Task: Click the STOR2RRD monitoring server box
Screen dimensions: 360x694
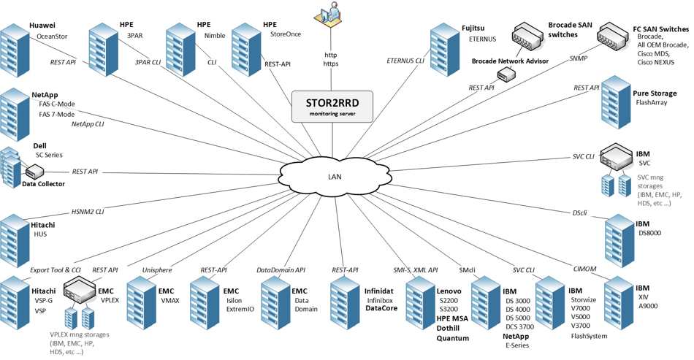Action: click(x=333, y=107)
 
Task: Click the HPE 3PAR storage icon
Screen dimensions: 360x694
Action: click(x=103, y=45)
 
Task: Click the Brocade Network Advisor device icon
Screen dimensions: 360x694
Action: click(x=503, y=74)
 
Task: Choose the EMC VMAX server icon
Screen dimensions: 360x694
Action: click(x=142, y=301)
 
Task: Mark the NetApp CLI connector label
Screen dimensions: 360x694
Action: click(x=88, y=124)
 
